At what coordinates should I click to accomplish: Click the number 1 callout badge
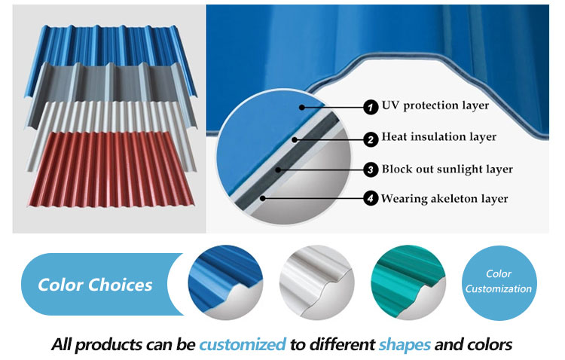tap(371, 107)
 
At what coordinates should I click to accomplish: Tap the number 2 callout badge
tap(371, 139)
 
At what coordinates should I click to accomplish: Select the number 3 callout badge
tap(371, 169)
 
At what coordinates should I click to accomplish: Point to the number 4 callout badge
tap(371, 198)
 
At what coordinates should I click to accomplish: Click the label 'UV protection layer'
tap(435, 105)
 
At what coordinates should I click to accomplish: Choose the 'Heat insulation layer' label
tap(438, 137)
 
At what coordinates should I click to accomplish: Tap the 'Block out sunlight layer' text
tap(447, 169)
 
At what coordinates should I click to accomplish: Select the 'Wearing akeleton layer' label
tap(444, 199)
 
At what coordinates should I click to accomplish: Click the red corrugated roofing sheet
tap(111, 169)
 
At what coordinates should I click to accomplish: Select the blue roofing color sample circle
tap(225, 283)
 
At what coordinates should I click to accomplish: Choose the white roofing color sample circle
tap(316, 283)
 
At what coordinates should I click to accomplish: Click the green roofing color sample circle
tap(408, 283)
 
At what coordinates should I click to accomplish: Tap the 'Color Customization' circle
tap(499, 283)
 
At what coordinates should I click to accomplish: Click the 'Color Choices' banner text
tap(95, 285)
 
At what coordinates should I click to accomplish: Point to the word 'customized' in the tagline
tap(243, 344)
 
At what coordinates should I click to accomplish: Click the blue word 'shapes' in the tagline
tap(405, 345)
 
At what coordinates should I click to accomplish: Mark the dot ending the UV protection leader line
tap(301, 107)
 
